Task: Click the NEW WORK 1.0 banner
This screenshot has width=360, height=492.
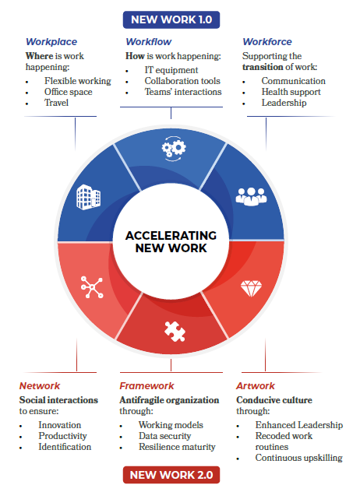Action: coord(171,19)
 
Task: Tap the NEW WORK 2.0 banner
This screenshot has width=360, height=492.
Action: coord(171,475)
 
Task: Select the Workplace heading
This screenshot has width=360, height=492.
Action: coord(51,42)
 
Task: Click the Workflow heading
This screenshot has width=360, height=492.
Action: coord(149,42)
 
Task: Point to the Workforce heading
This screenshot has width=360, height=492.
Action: coord(267,42)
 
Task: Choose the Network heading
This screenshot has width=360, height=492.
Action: coord(40,385)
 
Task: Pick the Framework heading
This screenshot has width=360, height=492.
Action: coord(146,385)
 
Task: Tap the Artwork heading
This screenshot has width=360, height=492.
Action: coord(256,385)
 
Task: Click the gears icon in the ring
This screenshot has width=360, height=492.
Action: coord(174,149)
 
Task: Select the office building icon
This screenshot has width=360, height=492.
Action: coord(89,197)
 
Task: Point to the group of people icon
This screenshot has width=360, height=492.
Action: coord(252,197)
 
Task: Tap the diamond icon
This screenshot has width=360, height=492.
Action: coord(251,288)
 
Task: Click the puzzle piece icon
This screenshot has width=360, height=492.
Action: coord(175,332)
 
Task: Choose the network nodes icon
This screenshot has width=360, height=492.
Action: coord(92,286)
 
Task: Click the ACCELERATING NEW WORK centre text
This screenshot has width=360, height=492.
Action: coord(171,241)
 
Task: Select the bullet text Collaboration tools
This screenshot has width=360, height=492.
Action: coord(182,81)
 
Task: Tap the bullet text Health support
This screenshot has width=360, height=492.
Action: coord(291,92)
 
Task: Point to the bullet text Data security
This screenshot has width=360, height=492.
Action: coord(165,436)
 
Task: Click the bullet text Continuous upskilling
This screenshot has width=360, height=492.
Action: coord(298,458)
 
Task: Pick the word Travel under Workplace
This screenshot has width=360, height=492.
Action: coord(57,103)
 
